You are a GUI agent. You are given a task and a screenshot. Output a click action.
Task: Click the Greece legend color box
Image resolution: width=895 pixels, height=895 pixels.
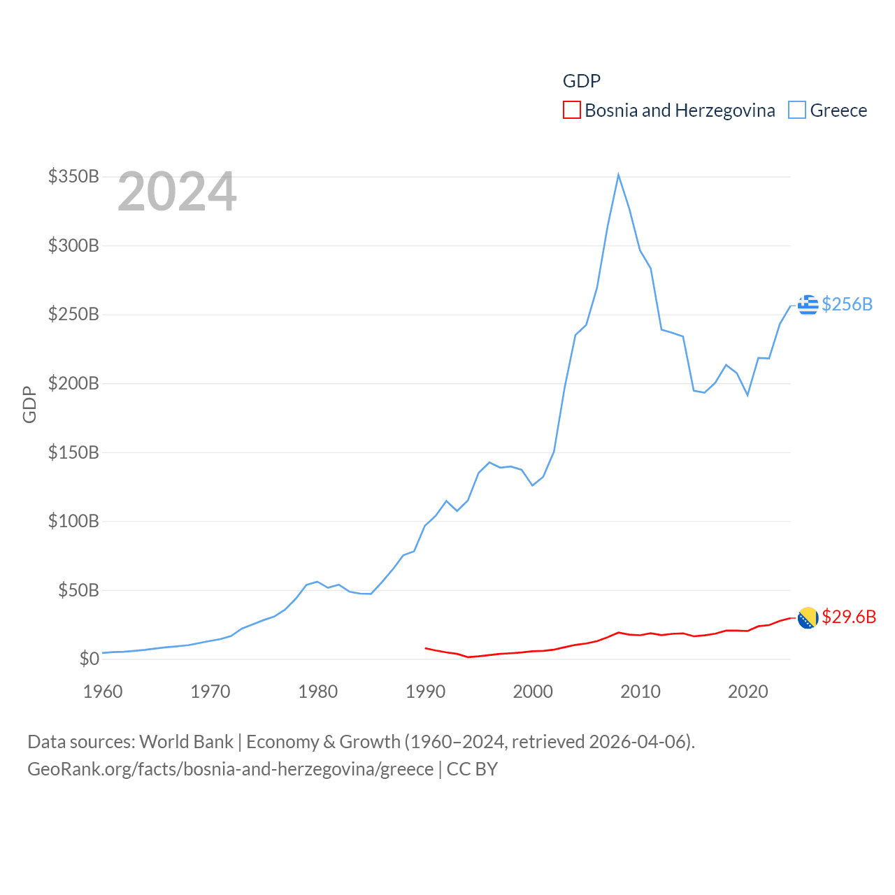point(797,110)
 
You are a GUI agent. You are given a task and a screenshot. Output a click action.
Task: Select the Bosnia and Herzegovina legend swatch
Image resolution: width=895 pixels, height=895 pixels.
point(572,110)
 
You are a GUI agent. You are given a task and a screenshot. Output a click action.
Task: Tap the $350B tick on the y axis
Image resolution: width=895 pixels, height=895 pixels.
point(73,176)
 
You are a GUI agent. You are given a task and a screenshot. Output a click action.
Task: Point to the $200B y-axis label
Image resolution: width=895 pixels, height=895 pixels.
point(73,383)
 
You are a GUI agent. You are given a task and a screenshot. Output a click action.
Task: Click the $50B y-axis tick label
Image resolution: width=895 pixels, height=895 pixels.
point(78,590)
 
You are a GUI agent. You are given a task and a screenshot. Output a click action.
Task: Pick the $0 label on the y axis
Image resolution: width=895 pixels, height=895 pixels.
point(89,659)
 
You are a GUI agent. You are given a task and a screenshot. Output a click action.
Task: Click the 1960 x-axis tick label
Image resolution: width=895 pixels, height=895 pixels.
point(103,692)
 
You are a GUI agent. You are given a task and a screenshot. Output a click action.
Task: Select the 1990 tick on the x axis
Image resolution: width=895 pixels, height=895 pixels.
point(425,692)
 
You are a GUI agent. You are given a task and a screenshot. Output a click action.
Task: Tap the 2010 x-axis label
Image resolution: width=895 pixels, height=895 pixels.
point(640,692)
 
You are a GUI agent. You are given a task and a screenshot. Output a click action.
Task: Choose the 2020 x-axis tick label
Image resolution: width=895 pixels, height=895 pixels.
point(748,692)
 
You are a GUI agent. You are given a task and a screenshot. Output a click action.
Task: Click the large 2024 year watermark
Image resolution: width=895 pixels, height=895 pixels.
point(177,192)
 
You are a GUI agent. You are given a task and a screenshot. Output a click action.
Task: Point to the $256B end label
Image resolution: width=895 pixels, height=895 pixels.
point(847,304)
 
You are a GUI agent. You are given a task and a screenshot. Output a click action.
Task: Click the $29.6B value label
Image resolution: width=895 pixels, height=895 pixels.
point(849,617)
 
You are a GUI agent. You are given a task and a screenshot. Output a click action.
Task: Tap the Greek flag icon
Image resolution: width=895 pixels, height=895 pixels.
point(808,305)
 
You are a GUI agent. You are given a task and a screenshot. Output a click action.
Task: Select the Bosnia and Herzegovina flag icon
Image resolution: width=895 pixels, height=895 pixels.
point(808,617)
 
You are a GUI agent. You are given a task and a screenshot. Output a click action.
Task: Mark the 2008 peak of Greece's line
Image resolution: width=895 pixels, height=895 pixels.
point(619,175)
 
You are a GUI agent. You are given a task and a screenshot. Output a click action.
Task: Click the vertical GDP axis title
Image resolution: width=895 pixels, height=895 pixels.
point(29,404)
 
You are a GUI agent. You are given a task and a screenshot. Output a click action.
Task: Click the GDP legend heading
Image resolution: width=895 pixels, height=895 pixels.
point(582,81)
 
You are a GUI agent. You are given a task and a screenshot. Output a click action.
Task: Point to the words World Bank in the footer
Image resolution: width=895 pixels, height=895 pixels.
point(187,741)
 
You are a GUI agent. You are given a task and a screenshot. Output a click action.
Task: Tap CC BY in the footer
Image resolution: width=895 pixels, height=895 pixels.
point(472,769)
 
